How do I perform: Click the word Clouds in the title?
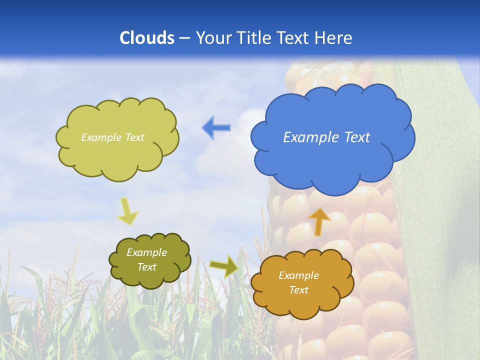click(147, 38)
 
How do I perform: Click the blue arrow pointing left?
click(216, 128)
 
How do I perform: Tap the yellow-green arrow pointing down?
click(128, 211)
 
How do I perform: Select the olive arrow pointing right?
click(223, 266)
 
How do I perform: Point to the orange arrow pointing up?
click(319, 221)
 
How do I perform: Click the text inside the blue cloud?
click(326, 137)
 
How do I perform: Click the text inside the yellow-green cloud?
click(112, 137)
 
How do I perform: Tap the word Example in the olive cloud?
click(146, 252)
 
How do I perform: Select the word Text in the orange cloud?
click(298, 290)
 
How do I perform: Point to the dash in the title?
click(184, 38)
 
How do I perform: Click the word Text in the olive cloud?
click(146, 267)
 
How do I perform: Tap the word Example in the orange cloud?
click(298, 275)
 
